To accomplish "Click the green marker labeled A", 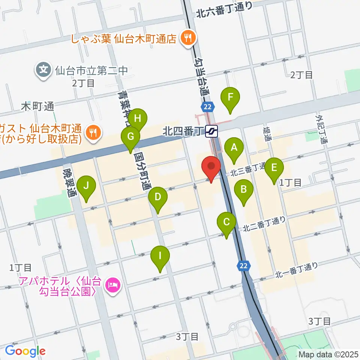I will (234, 147).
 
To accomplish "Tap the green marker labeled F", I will (230, 97).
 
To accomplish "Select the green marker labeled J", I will (87, 186).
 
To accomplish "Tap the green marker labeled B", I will (244, 189).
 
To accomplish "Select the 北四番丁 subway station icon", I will (212, 131).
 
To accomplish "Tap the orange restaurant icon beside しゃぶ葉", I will (186, 38).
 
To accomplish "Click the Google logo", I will (25, 351).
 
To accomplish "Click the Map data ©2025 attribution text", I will (327, 354).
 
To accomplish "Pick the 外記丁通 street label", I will (321, 129).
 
